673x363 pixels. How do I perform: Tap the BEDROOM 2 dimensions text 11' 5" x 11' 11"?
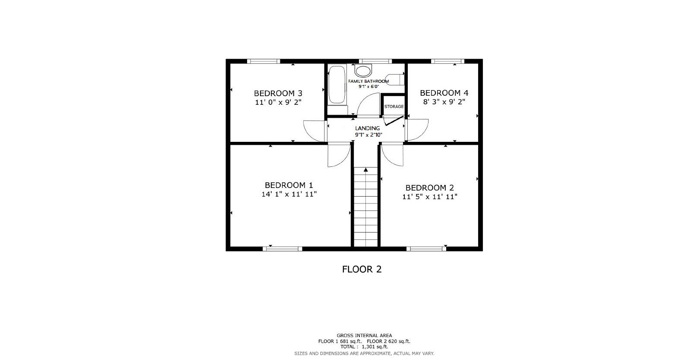tap(429, 197)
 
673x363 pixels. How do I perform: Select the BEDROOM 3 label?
tap(278, 93)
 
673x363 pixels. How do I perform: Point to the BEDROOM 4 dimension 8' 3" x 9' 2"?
tap(444, 102)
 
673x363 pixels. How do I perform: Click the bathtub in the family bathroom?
tap(337, 84)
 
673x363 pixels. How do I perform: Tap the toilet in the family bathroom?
tap(394, 80)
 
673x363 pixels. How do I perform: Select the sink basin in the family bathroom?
tap(363, 70)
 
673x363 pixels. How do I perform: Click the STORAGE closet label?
tap(394, 106)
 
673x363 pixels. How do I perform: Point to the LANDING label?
tap(368, 128)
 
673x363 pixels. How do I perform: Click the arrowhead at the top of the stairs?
tap(366, 170)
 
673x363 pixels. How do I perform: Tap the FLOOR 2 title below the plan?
tap(362, 269)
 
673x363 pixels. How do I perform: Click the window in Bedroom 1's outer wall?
tap(283, 248)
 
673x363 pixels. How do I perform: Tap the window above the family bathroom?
tap(375, 61)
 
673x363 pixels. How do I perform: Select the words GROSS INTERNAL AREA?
tap(364, 335)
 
